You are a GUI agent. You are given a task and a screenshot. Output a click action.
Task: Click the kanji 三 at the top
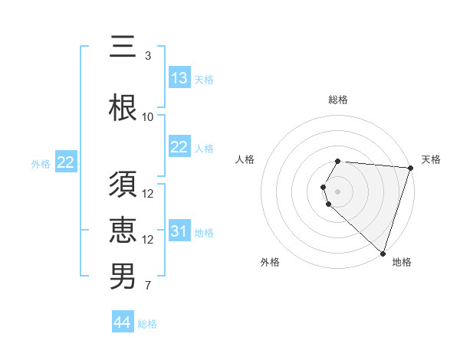coord(123,47)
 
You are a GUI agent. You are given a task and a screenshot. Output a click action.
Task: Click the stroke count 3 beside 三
coord(148,55)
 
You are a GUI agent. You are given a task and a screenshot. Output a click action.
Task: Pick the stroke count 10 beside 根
coord(148,117)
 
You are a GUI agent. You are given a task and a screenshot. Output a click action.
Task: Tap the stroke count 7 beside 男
coord(148,286)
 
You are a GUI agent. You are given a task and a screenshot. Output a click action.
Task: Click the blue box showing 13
coord(179,78)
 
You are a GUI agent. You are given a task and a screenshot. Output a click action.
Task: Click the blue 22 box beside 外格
coord(66,162)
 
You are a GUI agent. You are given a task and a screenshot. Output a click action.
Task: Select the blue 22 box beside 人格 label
coord(179,148)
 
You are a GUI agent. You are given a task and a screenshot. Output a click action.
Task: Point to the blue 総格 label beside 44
coord(147,324)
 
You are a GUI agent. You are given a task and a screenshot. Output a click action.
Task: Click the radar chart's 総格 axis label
coord(338,100)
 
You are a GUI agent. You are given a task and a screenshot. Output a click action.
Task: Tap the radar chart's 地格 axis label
coord(402,262)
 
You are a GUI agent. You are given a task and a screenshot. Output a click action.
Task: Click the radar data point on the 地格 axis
coord(383,253)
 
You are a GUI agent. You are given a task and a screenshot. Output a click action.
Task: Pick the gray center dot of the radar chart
coord(338,191)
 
